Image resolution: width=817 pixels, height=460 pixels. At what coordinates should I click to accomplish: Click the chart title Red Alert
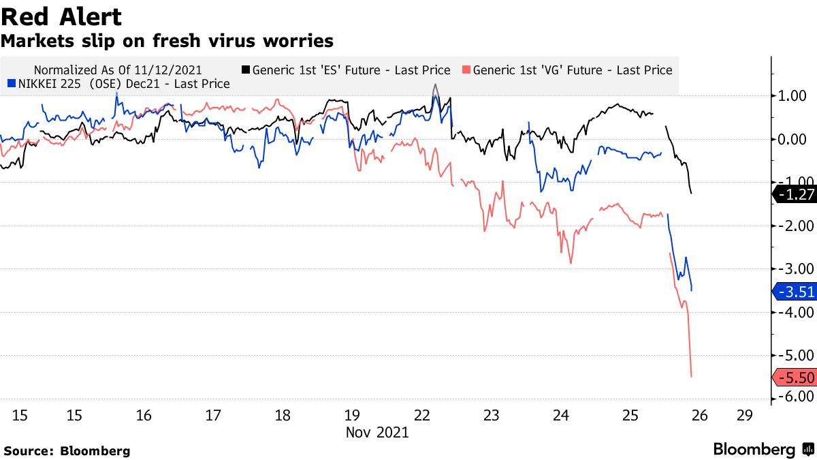click(x=61, y=16)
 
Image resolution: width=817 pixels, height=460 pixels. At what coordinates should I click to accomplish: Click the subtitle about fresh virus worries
click(x=167, y=41)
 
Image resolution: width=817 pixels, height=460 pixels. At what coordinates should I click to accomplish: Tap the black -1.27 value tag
click(x=795, y=195)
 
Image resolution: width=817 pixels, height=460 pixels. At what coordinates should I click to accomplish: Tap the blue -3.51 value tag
click(x=795, y=292)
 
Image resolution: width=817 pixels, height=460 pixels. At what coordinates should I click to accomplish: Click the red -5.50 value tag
click(x=795, y=378)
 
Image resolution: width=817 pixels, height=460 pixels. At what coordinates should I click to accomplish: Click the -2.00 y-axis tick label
click(x=795, y=226)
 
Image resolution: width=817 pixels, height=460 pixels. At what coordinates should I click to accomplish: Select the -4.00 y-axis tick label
click(x=795, y=312)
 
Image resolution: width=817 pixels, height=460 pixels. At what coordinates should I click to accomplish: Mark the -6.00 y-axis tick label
click(x=795, y=397)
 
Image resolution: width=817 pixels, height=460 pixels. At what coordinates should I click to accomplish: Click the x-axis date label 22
click(x=421, y=415)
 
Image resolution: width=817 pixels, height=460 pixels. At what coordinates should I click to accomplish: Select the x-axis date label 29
click(x=744, y=415)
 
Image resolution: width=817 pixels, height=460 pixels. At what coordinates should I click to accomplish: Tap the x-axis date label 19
click(x=352, y=415)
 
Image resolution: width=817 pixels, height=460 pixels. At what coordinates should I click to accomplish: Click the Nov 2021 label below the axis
click(x=377, y=432)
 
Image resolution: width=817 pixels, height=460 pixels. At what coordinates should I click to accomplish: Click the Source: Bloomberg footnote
click(x=67, y=450)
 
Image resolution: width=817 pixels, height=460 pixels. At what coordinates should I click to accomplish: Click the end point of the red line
click(x=692, y=376)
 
